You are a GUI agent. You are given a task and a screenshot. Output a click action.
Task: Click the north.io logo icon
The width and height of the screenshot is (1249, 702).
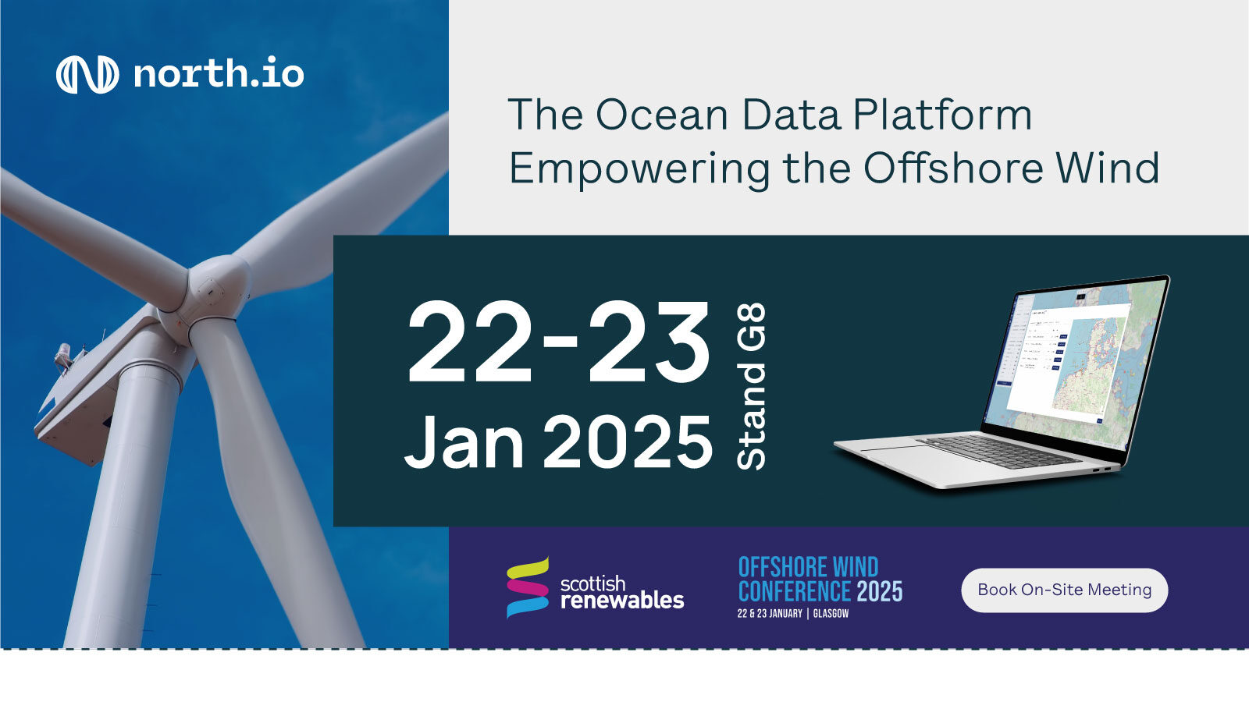pos(87,75)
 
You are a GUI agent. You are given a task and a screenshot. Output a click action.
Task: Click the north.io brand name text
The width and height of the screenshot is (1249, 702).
pos(219,74)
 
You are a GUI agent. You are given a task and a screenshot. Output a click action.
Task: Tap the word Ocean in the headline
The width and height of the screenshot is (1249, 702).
pos(662,115)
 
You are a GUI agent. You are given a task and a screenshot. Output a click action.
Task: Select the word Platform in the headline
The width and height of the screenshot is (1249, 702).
pos(942,115)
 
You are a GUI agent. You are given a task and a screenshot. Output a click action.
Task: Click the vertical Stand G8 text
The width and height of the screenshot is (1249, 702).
pos(752,386)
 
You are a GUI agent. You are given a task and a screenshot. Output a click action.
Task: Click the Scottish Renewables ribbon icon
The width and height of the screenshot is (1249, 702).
pos(528,587)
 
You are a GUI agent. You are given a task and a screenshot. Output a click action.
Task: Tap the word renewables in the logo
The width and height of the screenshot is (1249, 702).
pos(622,600)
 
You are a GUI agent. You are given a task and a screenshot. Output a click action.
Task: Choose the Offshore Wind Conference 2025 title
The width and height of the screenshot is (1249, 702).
pos(820,579)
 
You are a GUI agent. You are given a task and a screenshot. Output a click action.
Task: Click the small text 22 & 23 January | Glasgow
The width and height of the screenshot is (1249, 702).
pos(792,614)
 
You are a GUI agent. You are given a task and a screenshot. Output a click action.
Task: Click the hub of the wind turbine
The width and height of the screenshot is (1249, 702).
pos(211,292)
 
